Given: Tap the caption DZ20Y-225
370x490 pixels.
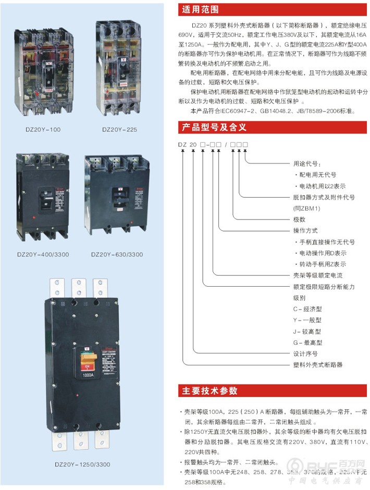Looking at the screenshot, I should tap(119, 129).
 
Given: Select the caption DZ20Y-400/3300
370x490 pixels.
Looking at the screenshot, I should tap(43, 254).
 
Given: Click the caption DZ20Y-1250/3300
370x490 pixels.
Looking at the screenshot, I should tap(82, 464).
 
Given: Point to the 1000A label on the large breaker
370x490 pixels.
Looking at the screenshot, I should tap(88, 374).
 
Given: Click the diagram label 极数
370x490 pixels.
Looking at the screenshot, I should tap(299, 219).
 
